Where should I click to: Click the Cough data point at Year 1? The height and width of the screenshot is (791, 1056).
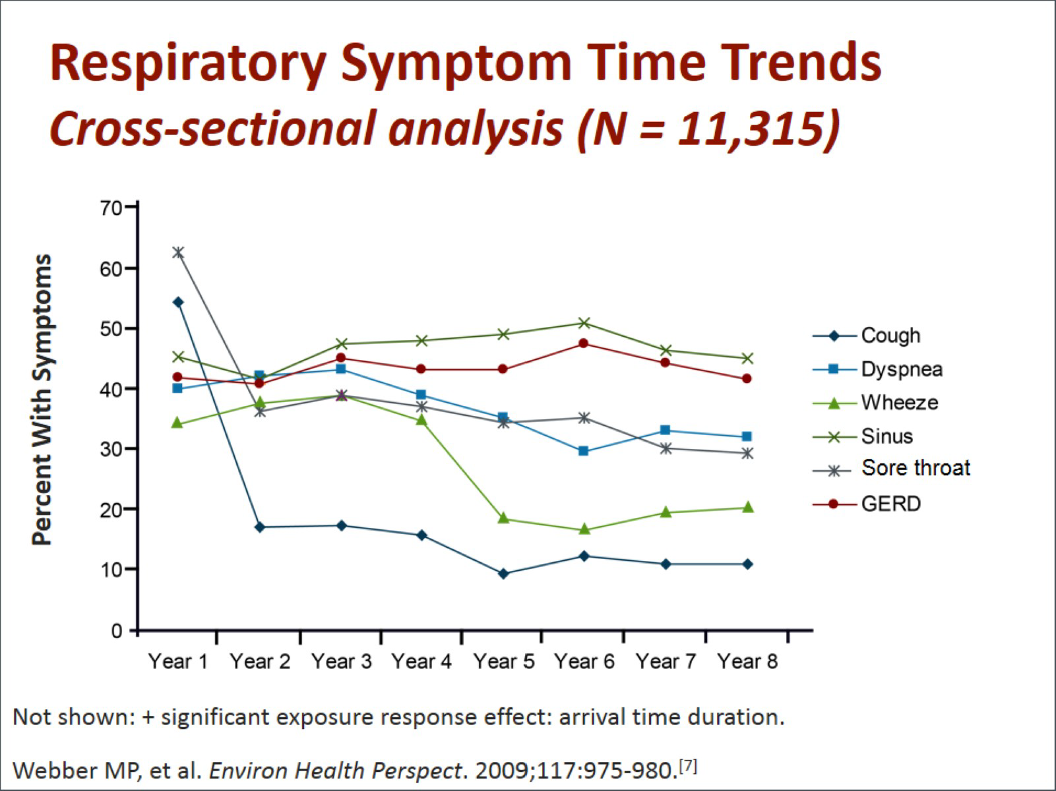click(178, 302)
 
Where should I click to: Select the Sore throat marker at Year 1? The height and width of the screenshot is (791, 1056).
click(178, 252)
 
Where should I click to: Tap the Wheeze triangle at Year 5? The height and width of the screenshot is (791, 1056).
click(503, 518)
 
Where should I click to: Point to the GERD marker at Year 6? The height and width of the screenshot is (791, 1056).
click(584, 343)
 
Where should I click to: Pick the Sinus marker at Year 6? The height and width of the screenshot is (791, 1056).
click(584, 323)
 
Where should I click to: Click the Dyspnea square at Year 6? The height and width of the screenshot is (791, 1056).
click(584, 452)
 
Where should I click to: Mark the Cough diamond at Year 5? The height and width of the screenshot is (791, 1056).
click(503, 573)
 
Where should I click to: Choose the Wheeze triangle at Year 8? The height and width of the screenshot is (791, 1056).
click(747, 508)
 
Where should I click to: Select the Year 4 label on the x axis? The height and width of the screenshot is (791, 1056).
click(422, 661)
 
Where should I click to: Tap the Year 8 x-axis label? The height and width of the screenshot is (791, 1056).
click(748, 661)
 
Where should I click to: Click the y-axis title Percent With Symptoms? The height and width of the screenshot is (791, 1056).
click(42, 400)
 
